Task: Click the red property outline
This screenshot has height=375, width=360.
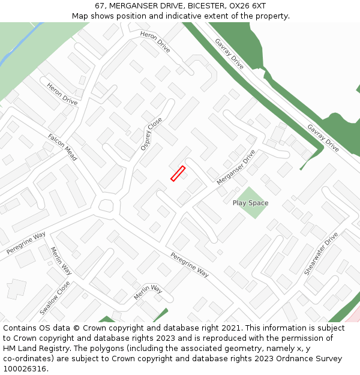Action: [x=178, y=173]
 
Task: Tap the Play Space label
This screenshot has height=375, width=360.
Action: [x=250, y=203]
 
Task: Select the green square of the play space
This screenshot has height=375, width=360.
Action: [x=250, y=193]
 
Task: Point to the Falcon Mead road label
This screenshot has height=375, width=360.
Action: [x=62, y=146]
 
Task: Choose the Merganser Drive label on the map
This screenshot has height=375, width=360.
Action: [x=236, y=167]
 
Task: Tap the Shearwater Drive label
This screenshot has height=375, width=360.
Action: [x=321, y=254]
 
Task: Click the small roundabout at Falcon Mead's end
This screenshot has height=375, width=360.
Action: [x=106, y=206]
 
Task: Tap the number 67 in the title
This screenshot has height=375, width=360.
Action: [x=100, y=6]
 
